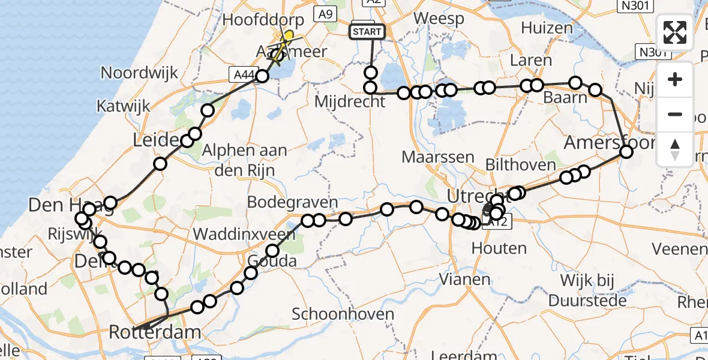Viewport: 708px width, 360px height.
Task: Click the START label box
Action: click(x=367, y=31)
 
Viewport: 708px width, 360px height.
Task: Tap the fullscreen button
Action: click(x=675, y=33)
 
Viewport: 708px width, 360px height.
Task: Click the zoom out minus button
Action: click(x=675, y=114)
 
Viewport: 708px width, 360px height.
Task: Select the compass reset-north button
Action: click(x=675, y=149)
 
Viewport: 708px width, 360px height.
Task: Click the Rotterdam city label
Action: click(x=155, y=332)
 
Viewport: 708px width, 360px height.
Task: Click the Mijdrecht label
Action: click(x=350, y=101)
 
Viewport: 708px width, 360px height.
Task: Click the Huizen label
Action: click(x=547, y=28)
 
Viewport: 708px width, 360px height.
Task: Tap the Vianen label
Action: click(x=461, y=278)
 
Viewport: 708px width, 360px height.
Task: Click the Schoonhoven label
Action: click(x=343, y=313)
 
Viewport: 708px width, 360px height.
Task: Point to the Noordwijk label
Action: click(x=139, y=73)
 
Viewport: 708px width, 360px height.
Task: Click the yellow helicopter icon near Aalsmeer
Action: click(x=287, y=39)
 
